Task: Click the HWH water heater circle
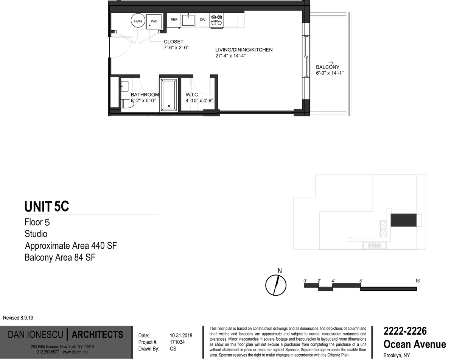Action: click(x=138, y=21)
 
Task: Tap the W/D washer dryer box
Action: click(x=154, y=21)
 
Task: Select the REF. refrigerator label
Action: click(x=174, y=19)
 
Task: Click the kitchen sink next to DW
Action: click(x=188, y=20)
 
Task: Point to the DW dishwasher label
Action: click(x=202, y=20)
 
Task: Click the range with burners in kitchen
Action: click(x=216, y=20)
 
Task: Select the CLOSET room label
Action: click(x=174, y=42)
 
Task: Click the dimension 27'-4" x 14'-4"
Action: click(x=231, y=56)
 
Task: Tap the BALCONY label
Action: click(x=328, y=67)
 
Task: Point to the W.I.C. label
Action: click(x=192, y=95)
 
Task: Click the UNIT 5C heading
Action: click(x=47, y=207)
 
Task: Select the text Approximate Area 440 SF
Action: click(x=71, y=246)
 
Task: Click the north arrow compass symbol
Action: click(x=275, y=285)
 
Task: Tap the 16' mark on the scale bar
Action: click(x=417, y=281)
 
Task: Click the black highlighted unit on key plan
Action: click(x=403, y=220)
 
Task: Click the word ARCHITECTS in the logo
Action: click(x=97, y=335)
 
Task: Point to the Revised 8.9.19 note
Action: click(x=18, y=318)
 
